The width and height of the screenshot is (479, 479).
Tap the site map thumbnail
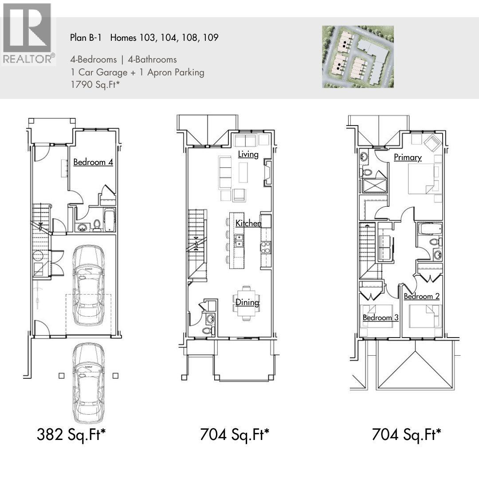click(x=357, y=56)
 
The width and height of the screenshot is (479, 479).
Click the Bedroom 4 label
click(x=93, y=162)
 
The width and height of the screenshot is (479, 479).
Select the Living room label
click(x=248, y=154)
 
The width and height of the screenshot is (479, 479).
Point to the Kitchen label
click(x=248, y=223)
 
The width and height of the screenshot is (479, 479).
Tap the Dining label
click(x=247, y=302)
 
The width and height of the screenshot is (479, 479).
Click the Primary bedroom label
click(x=408, y=157)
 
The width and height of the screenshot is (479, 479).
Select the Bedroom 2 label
click(x=421, y=296)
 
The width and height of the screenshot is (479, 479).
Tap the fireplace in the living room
click(x=267, y=173)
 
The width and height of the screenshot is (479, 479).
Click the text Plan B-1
click(x=86, y=38)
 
